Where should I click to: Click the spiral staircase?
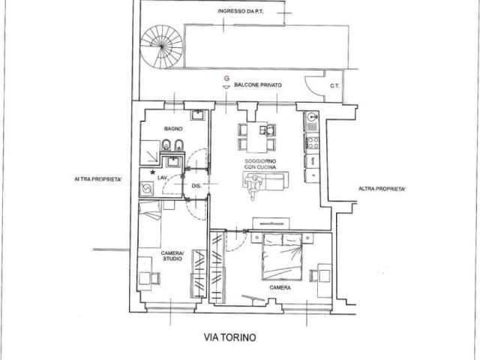pos(161,46)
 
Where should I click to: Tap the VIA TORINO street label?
pos(230,337)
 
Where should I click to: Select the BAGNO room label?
pos(173,128)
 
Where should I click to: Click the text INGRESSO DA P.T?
pos(241,11)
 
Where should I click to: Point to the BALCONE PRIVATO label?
pos(258,85)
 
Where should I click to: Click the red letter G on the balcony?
pos(226,78)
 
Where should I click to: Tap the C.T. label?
pos(334,86)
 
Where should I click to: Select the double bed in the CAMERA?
pos(282,256)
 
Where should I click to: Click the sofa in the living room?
pos(265,181)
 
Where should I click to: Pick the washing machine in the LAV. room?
pos(147,188)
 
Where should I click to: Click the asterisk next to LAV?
pos(152,172)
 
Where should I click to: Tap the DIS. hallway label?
pos(196,186)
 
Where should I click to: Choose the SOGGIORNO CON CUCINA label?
pos(260,164)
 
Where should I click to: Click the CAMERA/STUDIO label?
pos(172,256)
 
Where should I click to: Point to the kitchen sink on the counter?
pos(312,116)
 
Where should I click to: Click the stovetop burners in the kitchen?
pos(312,142)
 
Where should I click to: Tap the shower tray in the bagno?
pos(150,151)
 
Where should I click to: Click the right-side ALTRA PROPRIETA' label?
pos(382,189)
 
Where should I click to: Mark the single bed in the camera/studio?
pos(150,224)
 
